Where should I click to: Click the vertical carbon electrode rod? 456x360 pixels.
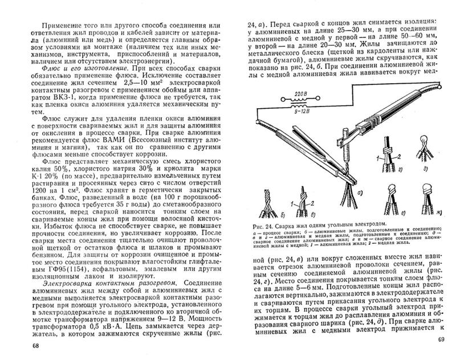(346, 161)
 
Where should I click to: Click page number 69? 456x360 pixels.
(440, 341)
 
